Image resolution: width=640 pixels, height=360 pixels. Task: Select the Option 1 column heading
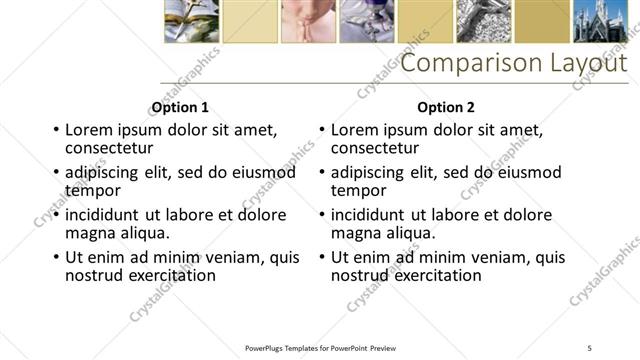pos(180,107)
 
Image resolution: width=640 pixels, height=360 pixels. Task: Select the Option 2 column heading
pos(446,107)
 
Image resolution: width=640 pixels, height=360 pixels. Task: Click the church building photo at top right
pos(599,21)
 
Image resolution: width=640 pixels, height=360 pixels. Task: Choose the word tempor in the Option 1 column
pos(93,190)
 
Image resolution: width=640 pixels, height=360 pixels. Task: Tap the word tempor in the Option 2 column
pos(359,190)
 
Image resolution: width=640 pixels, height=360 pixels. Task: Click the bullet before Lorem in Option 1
pos(56,131)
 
